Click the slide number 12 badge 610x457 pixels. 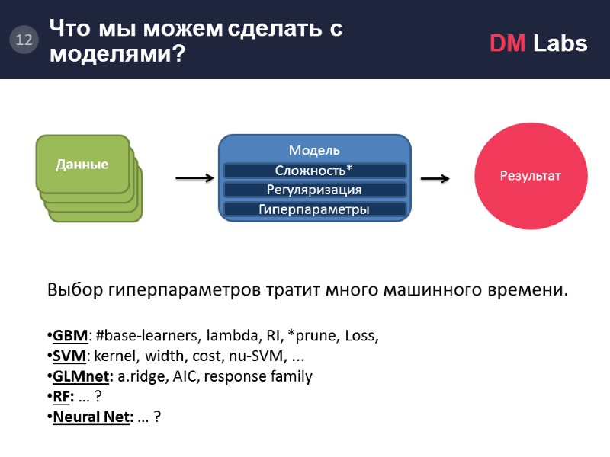[x=24, y=40]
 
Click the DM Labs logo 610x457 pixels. [x=538, y=43]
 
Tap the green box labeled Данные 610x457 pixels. [x=82, y=164]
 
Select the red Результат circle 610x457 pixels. [x=530, y=176]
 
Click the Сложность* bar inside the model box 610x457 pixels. [x=314, y=170]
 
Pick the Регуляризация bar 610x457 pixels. [x=314, y=190]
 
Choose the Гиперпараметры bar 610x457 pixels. [x=314, y=209]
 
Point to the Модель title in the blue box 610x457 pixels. [x=314, y=150]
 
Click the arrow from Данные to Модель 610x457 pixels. [x=194, y=178]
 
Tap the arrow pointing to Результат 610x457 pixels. [x=435, y=178]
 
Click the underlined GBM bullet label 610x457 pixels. [x=70, y=336]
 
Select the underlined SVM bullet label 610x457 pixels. [x=69, y=356]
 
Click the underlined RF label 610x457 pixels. [x=63, y=396]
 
